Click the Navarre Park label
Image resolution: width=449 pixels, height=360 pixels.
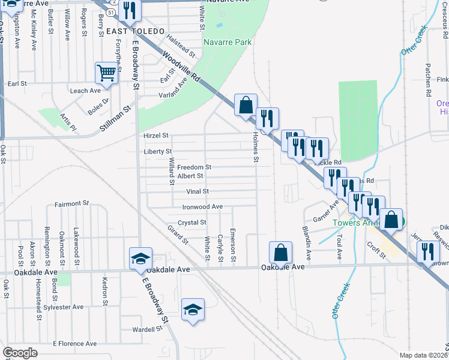click(x=228, y=42)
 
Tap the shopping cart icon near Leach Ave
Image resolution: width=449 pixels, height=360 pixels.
click(x=106, y=73)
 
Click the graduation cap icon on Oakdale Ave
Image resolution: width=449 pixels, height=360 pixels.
click(x=140, y=259)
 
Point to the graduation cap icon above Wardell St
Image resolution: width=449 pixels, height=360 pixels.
click(x=193, y=310)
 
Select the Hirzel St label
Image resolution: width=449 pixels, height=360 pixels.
click(x=156, y=136)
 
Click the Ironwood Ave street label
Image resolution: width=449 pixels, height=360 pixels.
click(x=202, y=206)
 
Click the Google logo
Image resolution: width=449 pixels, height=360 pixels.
click(x=20, y=353)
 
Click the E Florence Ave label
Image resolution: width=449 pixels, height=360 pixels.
click(x=74, y=344)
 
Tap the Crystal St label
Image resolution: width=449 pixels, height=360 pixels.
click(x=192, y=222)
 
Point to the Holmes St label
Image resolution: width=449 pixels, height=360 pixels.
click(x=256, y=148)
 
